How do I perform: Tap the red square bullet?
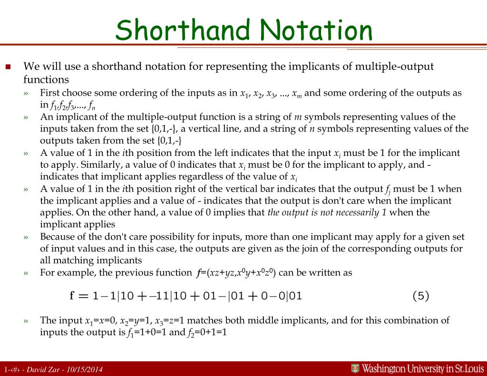(x=8, y=67)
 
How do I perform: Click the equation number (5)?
(x=420, y=296)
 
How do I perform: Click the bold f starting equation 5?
(x=72, y=296)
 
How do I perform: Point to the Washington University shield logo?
(x=355, y=368)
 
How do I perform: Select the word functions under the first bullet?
(x=46, y=79)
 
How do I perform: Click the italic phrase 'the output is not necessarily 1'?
(x=327, y=212)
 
